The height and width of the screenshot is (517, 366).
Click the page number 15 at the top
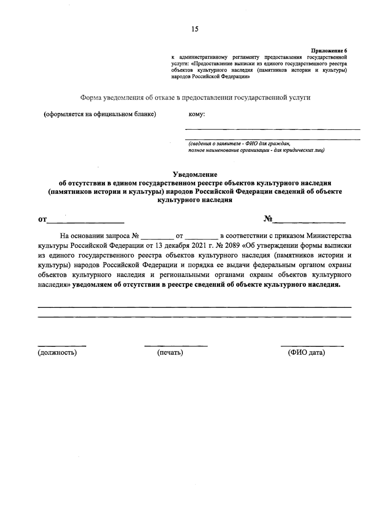195,29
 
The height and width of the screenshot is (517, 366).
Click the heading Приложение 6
329,51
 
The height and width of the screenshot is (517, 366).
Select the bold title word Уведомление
195,175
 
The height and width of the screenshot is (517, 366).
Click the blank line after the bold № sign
309,221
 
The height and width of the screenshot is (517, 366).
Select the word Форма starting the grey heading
91,98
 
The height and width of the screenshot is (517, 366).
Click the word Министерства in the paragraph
329,235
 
